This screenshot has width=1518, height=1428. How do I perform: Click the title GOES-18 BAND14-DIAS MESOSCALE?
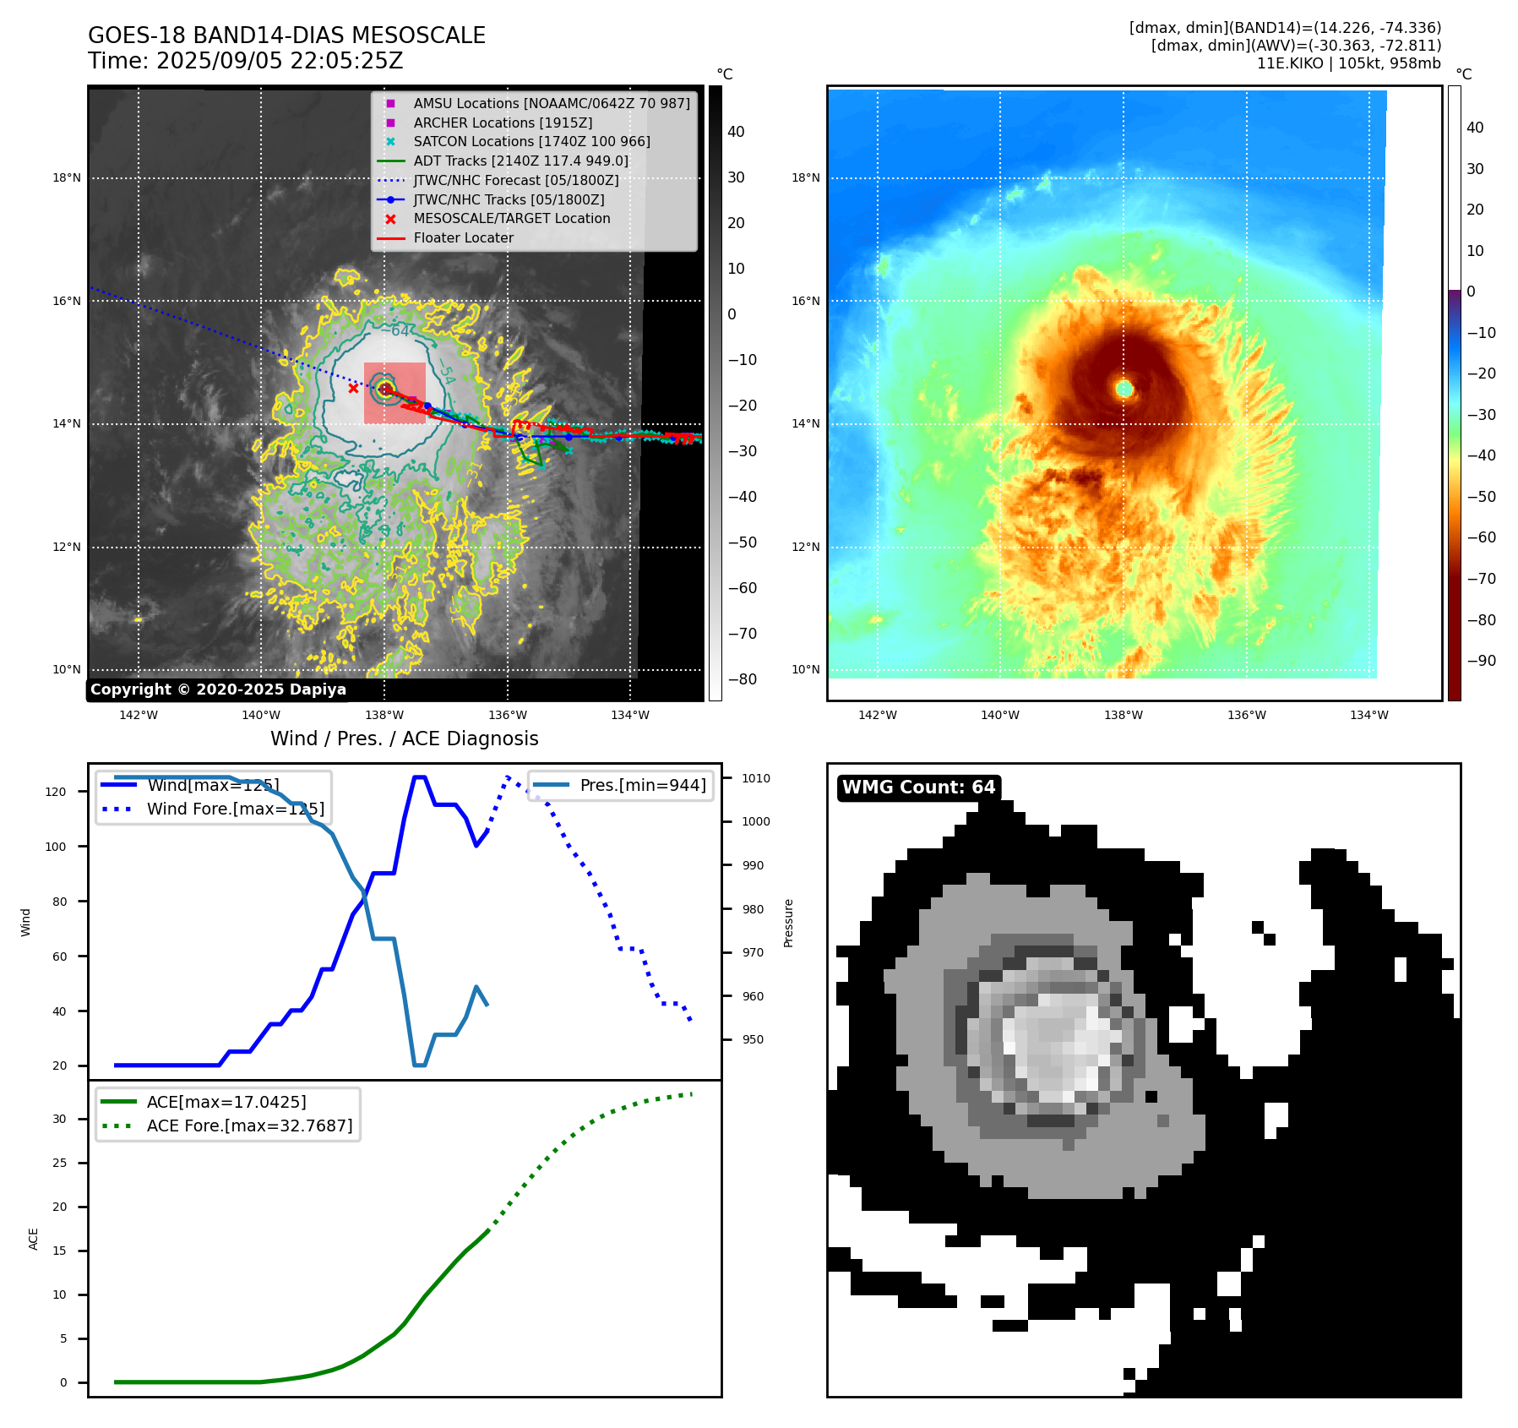(x=286, y=35)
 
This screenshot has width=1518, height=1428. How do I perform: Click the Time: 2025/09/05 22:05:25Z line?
(x=245, y=61)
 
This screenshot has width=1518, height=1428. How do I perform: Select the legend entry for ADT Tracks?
(x=520, y=161)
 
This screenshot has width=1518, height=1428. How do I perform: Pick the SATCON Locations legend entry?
(x=531, y=141)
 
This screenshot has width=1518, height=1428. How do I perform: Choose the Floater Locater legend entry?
(x=463, y=237)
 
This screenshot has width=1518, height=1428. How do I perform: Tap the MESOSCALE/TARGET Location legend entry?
(x=511, y=218)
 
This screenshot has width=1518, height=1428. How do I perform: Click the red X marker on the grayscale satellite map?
(x=353, y=389)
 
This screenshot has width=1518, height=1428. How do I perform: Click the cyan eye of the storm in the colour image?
(x=1124, y=389)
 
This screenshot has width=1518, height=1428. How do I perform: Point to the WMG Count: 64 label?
(x=918, y=788)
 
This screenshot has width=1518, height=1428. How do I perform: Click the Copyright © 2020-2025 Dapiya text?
(x=218, y=689)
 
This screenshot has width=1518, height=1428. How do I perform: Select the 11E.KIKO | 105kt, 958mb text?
(x=1348, y=63)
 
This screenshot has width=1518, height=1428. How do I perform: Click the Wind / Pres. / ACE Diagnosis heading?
(x=404, y=739)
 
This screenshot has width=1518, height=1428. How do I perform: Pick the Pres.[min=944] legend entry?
(x=642, y=785)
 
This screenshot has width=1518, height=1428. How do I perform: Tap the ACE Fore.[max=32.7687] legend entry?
(x=249, y=1126)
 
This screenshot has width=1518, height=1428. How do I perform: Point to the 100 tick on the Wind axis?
(x=56, y=847)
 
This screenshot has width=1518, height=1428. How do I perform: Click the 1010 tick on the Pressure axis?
(x=756, y=778)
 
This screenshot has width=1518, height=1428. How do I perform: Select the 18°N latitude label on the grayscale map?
(x=67, y=178)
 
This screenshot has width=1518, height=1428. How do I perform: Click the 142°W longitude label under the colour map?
(x=877, y=715)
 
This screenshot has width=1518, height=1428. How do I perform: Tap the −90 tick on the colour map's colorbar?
(x=1481, y=661)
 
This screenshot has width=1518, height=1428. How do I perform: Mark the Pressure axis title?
(x=788, y=923)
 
